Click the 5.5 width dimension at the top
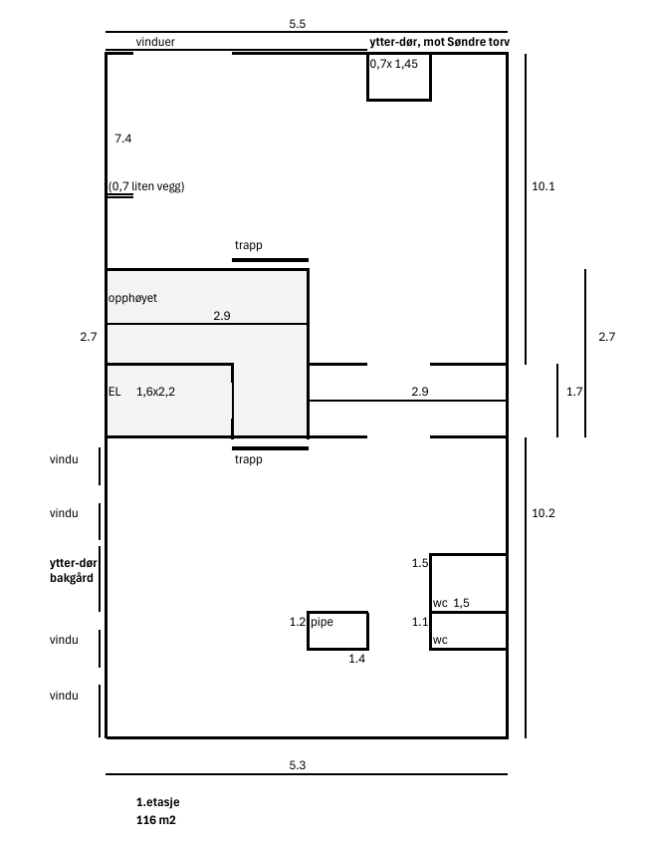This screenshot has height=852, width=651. pos(298,24)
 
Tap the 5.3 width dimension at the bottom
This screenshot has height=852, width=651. pos(298,765)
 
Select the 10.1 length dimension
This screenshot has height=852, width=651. pos(542,186)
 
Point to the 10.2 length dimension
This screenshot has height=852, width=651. pos(542,513)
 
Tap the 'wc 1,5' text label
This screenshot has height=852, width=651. pos(451,603)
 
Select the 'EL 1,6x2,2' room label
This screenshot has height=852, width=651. pos(141,392)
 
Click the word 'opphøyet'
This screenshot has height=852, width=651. pos(132,298)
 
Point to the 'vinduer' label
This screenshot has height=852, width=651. pos(155,42)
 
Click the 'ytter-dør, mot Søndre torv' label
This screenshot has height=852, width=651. pos(440,42)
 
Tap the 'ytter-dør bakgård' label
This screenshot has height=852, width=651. pos(73,570)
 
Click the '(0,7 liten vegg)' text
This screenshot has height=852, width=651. pos(146,186)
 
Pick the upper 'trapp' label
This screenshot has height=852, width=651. pos(249,245)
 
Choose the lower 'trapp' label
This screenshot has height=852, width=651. pos(249,459)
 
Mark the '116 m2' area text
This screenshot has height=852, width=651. pos(156,820)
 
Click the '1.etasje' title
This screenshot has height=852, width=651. pos(157,802)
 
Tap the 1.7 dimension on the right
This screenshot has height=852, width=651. pos(574,392)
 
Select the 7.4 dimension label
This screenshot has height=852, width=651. pos(123,139)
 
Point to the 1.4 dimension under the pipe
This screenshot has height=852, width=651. pos(356,659)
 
